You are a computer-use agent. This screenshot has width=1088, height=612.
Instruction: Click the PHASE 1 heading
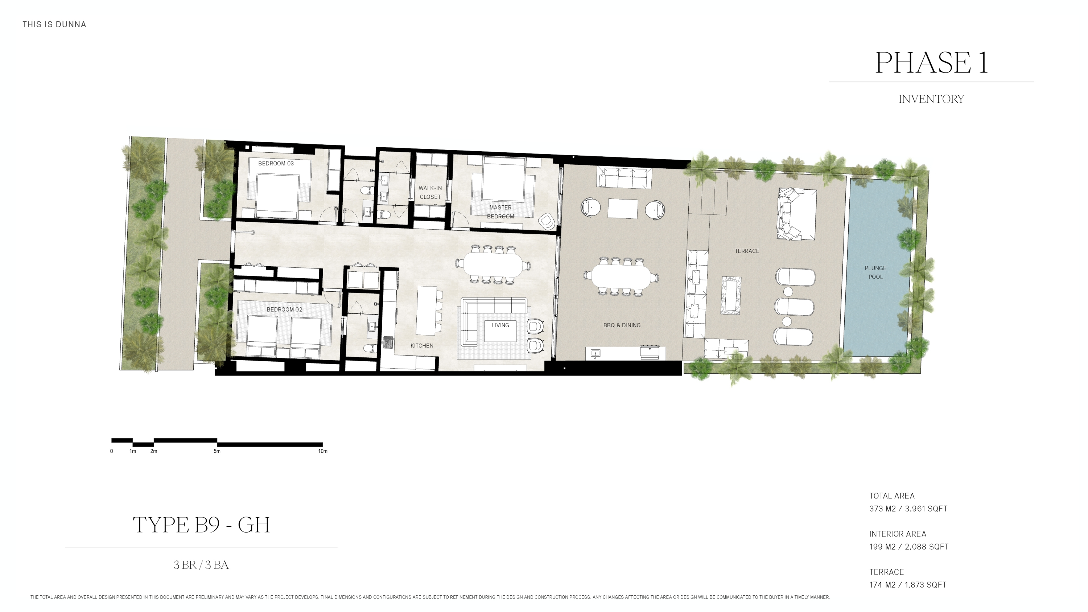click(x=931, y=62)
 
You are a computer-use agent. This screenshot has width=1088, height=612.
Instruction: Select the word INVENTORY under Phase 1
click(x=931, y=99)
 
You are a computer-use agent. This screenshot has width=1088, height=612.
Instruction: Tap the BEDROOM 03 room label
click(x=276, y=164)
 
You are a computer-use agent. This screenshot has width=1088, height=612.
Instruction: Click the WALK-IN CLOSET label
click(x=430, y=193)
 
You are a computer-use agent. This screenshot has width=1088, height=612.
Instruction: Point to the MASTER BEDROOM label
click(x=500, y=212)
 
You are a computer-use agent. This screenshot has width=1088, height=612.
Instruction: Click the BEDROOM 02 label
click(x=284, y=309)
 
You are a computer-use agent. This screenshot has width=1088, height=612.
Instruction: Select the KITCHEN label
click(x=421, y=345)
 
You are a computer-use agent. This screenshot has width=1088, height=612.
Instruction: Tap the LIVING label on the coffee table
click(x=500, y=325)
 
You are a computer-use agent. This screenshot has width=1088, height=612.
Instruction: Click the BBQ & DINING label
click(x=622, y=325)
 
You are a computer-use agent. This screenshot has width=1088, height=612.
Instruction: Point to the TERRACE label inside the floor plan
click(x=747, y=251)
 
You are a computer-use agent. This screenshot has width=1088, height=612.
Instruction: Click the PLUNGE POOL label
click(x=875, y=272)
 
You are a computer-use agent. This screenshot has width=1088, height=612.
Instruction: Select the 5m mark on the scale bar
click(x=217, y=451)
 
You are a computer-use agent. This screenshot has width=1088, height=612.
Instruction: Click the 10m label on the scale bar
click(x=323, y=451)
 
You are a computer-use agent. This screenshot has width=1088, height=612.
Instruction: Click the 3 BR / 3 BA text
click(x=201, y=565)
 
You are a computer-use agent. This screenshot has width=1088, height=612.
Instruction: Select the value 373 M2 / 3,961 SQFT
click(x=908, y=509)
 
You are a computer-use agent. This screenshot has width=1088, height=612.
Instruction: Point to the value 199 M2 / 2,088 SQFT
click(x=908, y=547)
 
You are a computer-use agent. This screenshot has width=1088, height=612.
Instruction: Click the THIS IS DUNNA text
click(x=54, y=25)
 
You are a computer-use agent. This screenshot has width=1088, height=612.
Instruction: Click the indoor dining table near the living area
click(x=493, y=265)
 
